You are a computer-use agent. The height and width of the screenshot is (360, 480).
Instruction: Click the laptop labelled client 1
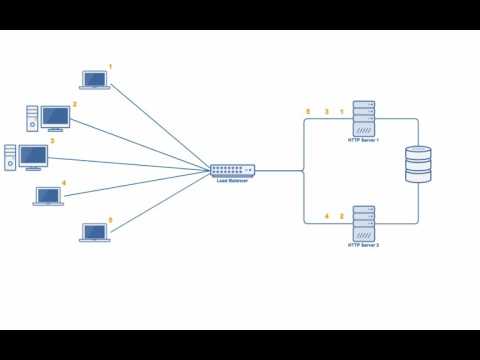(94, 79)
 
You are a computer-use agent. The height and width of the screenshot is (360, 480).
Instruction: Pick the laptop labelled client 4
(48, 195)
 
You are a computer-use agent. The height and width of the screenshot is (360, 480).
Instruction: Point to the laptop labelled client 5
(94, 232)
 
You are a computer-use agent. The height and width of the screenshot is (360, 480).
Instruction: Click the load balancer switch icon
(232, 171)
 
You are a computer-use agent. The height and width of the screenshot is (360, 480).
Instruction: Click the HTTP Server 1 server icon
(363, 118)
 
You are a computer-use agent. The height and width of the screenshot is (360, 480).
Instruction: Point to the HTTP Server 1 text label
(363, 140)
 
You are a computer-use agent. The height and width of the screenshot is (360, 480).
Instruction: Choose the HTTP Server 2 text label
(363, 244)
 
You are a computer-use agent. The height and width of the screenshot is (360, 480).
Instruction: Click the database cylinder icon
(418, 164)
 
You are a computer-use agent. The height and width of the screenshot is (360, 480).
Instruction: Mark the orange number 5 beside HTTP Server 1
(309, 111)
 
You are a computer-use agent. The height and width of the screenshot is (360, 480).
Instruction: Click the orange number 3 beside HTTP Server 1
(326, 111)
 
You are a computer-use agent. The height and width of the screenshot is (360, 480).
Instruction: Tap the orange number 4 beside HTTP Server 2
(326, 216)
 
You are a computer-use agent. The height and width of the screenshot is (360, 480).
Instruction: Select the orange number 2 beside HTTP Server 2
(342, 216)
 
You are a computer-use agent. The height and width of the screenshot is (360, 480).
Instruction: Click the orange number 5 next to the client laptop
(110, 220)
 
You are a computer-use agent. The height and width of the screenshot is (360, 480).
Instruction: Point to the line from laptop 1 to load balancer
(160, 126)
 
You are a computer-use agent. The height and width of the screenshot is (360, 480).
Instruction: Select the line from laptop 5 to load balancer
(160, 204)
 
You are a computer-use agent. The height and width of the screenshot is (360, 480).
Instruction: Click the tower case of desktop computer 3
(10, 158)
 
